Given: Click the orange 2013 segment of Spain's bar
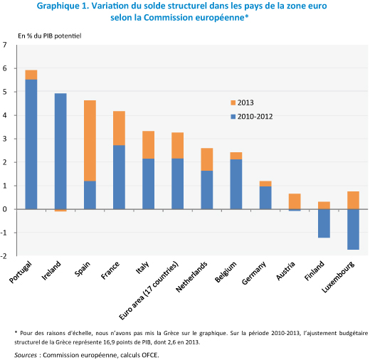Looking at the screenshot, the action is tap(90, 141).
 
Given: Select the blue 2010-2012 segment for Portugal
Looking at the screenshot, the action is tap(31, 144).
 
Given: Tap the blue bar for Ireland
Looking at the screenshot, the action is tap(60, 152).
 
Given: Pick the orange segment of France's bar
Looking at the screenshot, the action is tap(119, 128).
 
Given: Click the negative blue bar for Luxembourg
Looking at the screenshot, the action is tap(353, 229).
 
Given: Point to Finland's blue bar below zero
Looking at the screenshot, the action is tap(324, 223).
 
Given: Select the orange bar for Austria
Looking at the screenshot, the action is tap(295, 201).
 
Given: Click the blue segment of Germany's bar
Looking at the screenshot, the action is tap(265, 198).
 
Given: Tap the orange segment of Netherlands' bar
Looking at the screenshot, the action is tap(207, 159).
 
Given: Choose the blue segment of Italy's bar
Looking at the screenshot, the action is tap(148, 184).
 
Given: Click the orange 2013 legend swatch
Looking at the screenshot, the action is tap(233, 102).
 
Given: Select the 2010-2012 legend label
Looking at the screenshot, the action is tap(255, 117).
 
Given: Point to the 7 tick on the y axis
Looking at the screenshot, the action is tap(5, 45).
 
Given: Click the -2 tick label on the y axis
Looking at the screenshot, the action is tap(4, 256).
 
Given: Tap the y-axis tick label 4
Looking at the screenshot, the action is tap(5, 115).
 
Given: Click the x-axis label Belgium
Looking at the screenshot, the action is tap(226, 272).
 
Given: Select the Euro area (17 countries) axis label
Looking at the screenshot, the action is tap(149, 290).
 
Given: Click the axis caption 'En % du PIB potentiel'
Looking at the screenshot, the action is tap(50, 36).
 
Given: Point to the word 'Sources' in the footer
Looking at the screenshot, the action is tap(26, 355).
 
